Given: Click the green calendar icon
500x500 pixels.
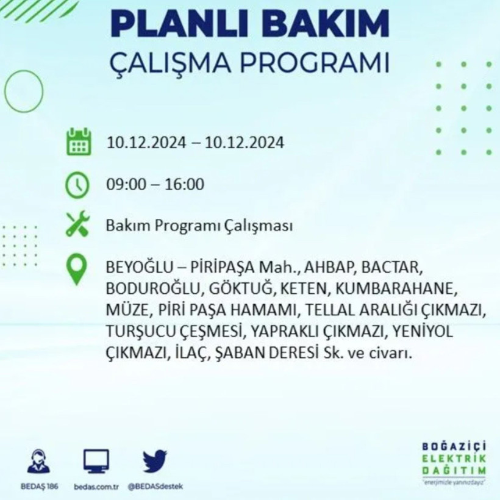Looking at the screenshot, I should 78,141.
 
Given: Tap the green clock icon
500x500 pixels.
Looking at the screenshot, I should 78,184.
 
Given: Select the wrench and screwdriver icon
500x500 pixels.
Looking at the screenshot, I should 78,224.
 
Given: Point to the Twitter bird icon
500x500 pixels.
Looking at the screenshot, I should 155,461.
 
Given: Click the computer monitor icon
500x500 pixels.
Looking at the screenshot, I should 96,461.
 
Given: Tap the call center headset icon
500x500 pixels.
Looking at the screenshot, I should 39,462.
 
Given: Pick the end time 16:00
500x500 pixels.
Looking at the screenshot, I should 185,184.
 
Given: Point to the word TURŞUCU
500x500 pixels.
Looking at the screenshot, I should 135,332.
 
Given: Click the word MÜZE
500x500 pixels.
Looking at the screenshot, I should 126,310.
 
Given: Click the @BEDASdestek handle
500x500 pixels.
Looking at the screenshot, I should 155,487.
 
